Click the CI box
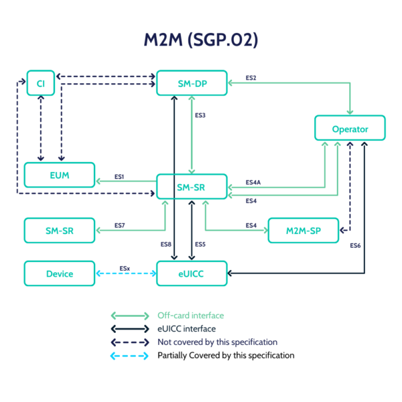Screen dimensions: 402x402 pyautogui.click(x=40, y=82)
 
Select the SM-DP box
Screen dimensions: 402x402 pyautogui.click(x=192, y=82)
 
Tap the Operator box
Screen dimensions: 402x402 pyautogui.click(x=350, y=128)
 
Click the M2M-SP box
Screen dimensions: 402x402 pyautogui.click(x=302, y=230)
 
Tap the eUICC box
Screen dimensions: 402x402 pyautogui.click(x=192, y=273)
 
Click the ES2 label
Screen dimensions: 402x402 pyautogui.click(x=251, y=78)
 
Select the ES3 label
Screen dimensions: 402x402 pyautogui.click(x=200, y=115)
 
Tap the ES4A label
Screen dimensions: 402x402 pyautogui.click(x=253, y=182)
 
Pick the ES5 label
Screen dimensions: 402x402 pyautogui.click(x=200, y=245)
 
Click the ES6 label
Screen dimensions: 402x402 pyautogui.click(x=355, y=246)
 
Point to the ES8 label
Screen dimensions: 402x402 pyautogui.click(x=165, y=245)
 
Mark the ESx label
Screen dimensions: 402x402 pyautogui.click(x=125, y=268)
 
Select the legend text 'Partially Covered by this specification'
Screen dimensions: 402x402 pyautogui.click(x=225, y=355)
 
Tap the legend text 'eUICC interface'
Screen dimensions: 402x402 pyautogui.click(x=186, y=329)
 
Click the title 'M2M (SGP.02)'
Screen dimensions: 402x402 pyautogui.click(x=201, y=40)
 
